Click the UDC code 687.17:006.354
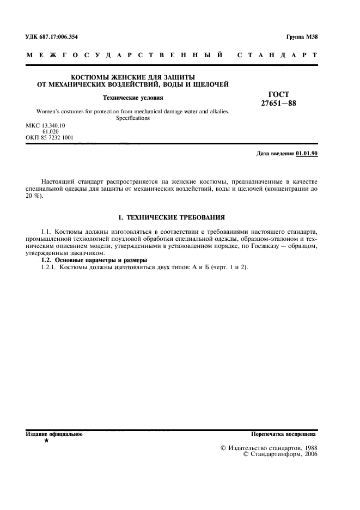coord(59,37)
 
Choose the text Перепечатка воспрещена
coord(283,434)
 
